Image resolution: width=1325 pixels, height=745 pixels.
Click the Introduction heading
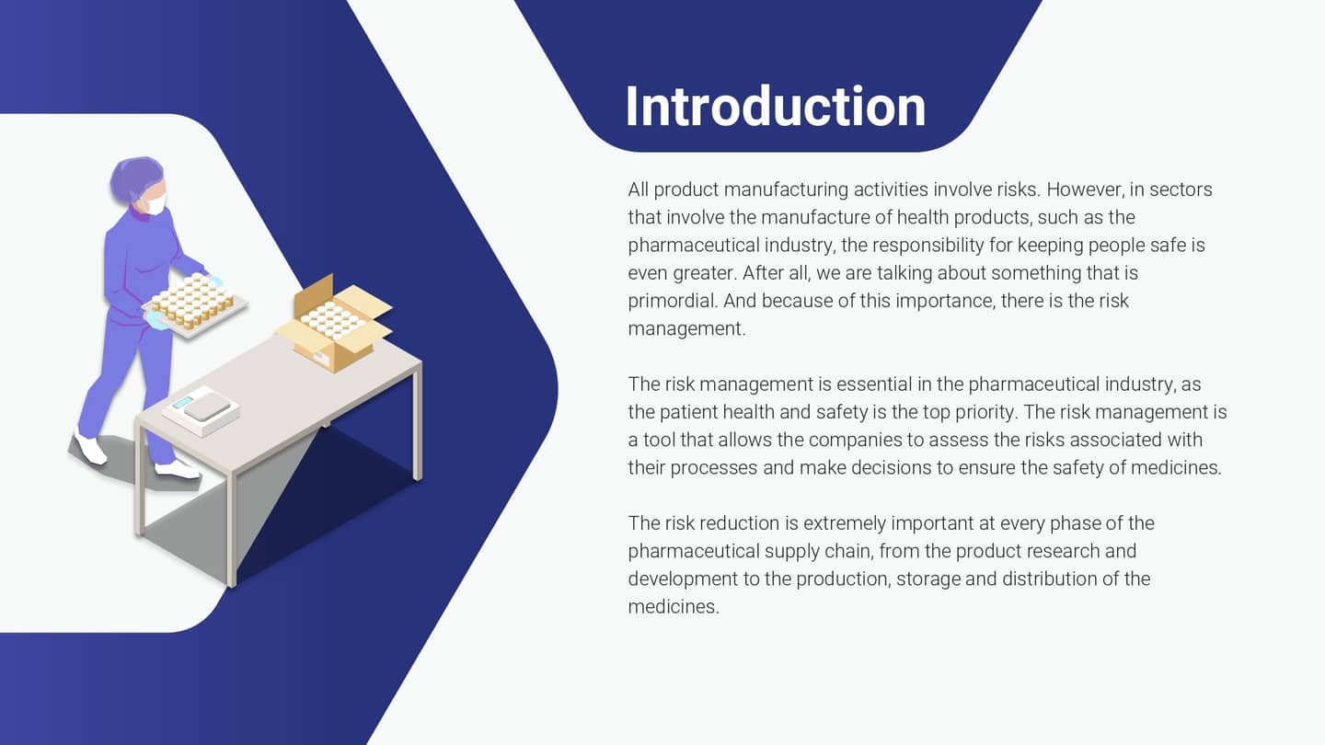775,107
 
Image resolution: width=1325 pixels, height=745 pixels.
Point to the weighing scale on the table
202,409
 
